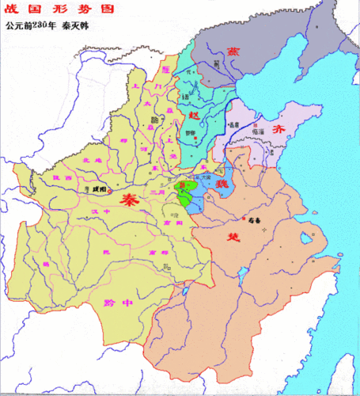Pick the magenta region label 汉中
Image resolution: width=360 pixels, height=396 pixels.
(96, 213)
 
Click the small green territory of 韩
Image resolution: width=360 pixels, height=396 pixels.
(187, 194)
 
